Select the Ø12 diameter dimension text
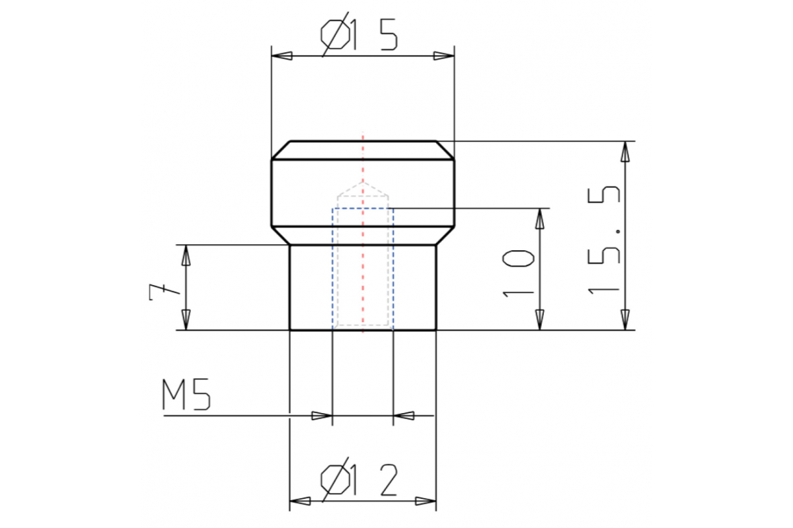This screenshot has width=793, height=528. (x=359, y=479)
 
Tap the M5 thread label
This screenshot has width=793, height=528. (x=186, y=394)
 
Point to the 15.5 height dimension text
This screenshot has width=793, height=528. (x=603, y=240)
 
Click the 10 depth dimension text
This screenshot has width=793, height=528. (x=518, y=273)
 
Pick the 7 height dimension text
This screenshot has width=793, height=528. (x=165, y=292)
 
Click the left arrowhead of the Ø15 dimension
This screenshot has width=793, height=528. (x=282, y=56)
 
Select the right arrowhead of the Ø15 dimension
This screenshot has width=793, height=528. (x=444, y=56)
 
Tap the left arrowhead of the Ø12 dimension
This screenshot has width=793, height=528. (x=300, y=501)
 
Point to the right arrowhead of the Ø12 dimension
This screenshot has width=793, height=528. (x=426, y=501)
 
